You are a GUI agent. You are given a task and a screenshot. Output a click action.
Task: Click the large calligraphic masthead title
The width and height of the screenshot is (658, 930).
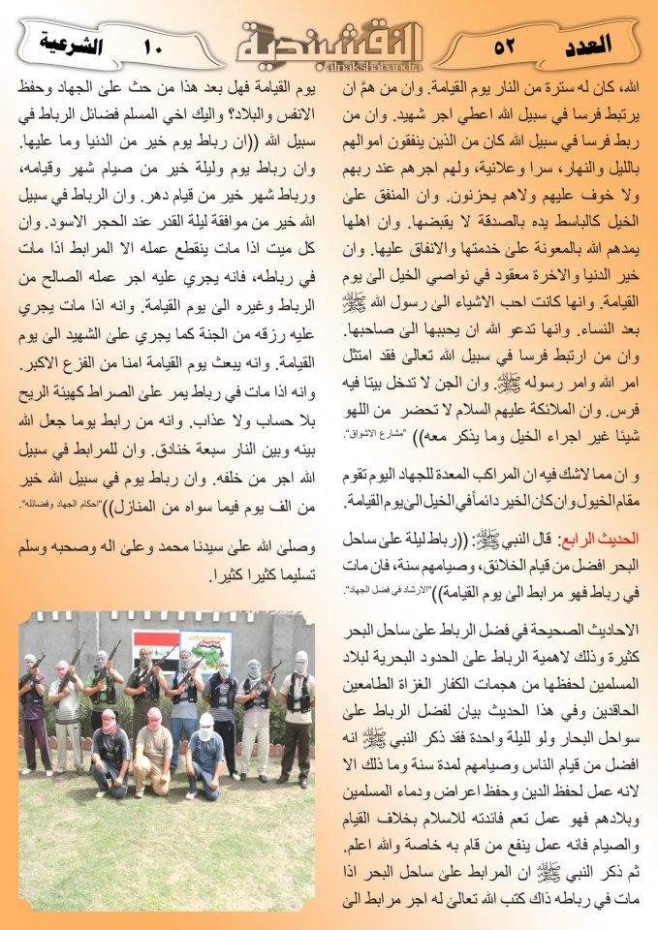coord(329,39)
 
